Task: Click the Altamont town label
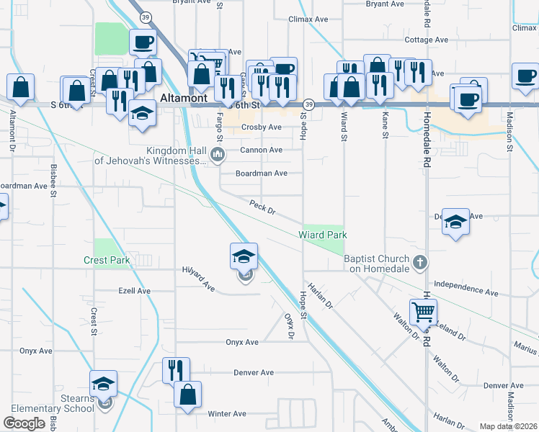[184, 96]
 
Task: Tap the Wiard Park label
[324, 235]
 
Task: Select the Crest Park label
[105, 259]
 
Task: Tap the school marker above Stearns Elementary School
[104, 383]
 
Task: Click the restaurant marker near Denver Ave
[176, 370]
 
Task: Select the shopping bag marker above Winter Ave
[187, 394]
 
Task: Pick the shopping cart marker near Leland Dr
[423, 312]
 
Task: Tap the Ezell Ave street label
[134, 291]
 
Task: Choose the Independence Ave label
[466, 289]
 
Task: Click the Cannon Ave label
[261, 150]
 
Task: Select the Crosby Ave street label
[261, 127]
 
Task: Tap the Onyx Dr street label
[289, 325]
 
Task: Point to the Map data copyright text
[507, 426]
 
